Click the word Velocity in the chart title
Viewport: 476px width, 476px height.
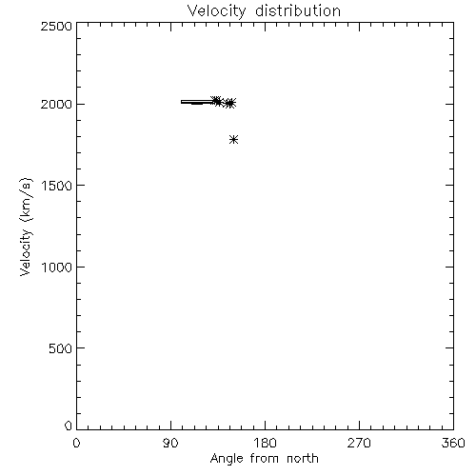tap(216, 11)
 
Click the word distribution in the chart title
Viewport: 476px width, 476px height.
tap(298, 10)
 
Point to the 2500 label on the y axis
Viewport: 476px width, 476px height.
tap(56, 26)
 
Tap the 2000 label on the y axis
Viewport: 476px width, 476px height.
tap(56, 105)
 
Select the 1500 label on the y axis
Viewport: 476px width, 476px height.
tap(57, 186)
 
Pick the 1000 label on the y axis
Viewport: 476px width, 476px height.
tap(57, 268)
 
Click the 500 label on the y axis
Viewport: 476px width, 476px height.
tap(61, 348)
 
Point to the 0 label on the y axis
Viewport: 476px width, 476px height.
tap(69, 426)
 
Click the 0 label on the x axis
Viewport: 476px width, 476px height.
tap(76, 443)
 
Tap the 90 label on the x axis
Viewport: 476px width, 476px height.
tap(170, 443)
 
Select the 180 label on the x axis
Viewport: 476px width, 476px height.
tap(265, 443)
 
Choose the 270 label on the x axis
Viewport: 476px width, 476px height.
tap(359, 443)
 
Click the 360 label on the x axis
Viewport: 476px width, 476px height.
tap(453, 443)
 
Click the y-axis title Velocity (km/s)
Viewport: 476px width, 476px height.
tap(26, 227)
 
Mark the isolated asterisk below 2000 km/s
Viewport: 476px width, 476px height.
tap(234, 140)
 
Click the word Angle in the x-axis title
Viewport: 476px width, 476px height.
tap(227, 459)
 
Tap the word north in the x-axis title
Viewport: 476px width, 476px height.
tap(303, 459)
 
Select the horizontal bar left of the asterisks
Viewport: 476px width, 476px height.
tap(197, 102)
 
